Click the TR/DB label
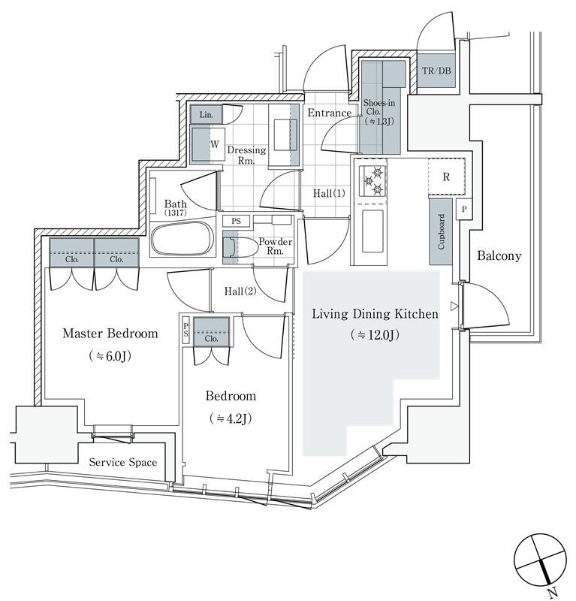(x=436, y=71)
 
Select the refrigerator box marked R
(x=447, y=177)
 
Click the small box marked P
(x=464, y=209)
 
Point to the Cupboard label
(x=441, y=232)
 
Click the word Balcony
(x=499, y=255)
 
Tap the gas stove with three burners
(x=372, y=181)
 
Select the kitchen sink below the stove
(x=372, y=231)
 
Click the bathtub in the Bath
(x=182, y=238)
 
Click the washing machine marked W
(x=208, y=144)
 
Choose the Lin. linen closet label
(x=207, y=115)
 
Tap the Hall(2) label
(x=240, y=291)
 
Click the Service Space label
(x=123, y=462)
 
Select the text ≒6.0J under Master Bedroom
(x=110, y=356)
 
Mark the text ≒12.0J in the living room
(x=375, y=335)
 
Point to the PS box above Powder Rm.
(x=236, y=221)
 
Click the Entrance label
(x=330, y=113)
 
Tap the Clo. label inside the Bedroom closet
(x=211, y=339)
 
